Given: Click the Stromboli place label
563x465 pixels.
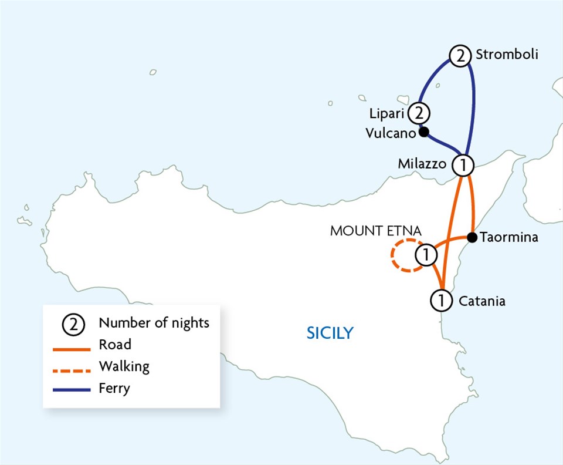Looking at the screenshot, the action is pos(507,55).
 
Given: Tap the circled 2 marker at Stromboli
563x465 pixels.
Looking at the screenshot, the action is pos(460,56).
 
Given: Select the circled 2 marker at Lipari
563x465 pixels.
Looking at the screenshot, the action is pos(418,112).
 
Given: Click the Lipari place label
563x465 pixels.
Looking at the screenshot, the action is pos(387,112).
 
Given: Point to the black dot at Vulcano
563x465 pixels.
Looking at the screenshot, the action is pos(423,132).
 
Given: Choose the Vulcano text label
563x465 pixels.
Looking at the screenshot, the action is pos(391,133).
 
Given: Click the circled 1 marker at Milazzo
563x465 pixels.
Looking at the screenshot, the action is pos(463,165).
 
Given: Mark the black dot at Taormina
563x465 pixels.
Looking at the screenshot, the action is pos(472,237).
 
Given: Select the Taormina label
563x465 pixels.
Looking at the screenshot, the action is pos(508,238).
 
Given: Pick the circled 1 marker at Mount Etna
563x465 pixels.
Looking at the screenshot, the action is pos(426,255).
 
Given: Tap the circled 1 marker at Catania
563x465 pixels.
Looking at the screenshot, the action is pos(441,301).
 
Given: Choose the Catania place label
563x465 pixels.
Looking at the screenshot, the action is pos(481,302).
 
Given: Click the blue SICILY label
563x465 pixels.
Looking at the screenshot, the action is pos(330,333).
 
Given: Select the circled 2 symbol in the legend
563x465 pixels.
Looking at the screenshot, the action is pos(74,324).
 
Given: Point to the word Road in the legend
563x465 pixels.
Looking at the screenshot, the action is pos(115,345).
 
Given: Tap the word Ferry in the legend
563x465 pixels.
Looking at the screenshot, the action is pos(115,389).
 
